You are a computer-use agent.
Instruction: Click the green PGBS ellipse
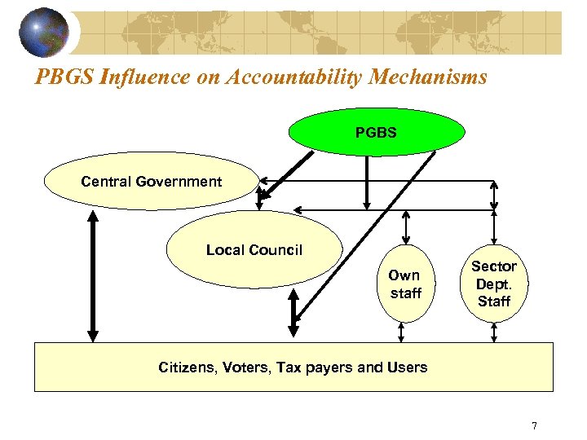coord(376,131)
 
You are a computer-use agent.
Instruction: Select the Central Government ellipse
coord(151,182)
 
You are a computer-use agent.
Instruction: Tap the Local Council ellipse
coord(254,250)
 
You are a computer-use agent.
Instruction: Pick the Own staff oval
coord(404,284)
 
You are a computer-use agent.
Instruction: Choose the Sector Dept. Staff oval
coord(494,284)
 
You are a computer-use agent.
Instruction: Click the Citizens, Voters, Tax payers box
coord(293,367)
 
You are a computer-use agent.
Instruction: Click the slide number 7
coord(534,425)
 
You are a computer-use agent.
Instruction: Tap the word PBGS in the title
coord(61,77)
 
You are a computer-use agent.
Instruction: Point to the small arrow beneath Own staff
coord(401,332)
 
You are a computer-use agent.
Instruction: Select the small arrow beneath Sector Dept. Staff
coord(494,332)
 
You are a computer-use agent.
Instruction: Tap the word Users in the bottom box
coord(407,367)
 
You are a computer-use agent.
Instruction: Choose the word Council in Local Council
coord(276,250)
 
